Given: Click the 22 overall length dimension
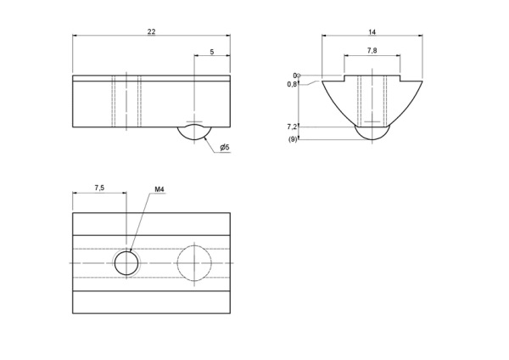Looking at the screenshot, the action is [x=151, y=31].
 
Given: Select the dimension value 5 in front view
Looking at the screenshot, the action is [x=212, y=52].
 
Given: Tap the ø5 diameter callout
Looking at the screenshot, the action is [x=225, y=147].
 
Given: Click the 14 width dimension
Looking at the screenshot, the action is [x=372, y=32].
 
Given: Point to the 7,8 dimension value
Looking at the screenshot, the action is [x=372, y=50].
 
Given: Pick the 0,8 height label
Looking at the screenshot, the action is [x=292, y=84].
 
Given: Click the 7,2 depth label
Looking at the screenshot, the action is [x=292, y=127].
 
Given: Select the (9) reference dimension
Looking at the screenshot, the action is [x=293, y=139].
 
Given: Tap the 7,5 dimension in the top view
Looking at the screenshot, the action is [x=99, y=188].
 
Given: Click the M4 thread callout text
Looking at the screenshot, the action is [x=159, y=189].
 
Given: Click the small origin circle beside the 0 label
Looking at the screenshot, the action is [x=299, y=76].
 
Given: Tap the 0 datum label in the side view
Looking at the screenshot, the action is [x=294, y=76].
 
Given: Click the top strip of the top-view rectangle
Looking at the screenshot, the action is [x=151, y=224].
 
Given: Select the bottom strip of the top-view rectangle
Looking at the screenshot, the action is [x=151, y=302].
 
